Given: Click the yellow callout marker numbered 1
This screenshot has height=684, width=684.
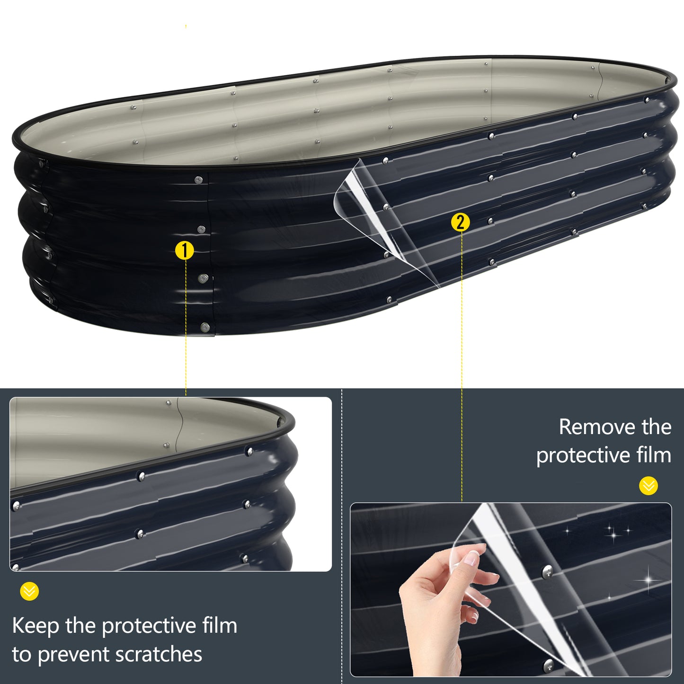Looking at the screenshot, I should click(x=185, y=251).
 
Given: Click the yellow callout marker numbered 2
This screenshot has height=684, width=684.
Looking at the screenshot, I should click(x=461, y=222).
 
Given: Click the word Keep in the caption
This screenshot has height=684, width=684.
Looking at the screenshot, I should click(x=36, y=626).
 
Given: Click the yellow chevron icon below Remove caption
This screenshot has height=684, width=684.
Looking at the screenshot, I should click(x=648, y=486).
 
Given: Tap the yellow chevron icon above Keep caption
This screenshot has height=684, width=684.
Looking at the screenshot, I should click(x=29, y=591).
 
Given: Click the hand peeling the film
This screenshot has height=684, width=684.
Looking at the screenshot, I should click(x=440, y=601).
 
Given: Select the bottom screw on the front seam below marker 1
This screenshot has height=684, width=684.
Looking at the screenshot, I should click(x=205, y=327).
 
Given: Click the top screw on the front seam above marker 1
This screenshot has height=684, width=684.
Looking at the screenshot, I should click(x=198, y=180).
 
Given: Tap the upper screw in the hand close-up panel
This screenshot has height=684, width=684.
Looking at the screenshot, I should click(x=547, y=571).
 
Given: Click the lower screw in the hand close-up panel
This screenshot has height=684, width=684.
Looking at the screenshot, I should click(x=548, y=665).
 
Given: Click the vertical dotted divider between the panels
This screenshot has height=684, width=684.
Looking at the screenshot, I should click(x=342, y=535).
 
